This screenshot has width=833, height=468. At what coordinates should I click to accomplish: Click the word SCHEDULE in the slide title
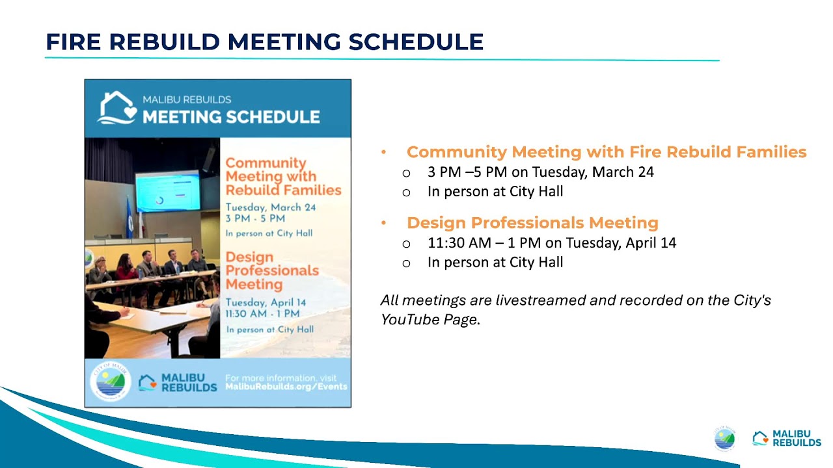(416, 42)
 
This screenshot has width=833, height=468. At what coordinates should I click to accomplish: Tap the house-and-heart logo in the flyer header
(117, 108)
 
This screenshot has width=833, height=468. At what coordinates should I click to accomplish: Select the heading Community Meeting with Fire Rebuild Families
(606, 152)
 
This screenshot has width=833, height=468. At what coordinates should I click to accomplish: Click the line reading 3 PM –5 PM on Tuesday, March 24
(540, 172)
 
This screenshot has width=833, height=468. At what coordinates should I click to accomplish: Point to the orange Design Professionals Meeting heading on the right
(532, 223)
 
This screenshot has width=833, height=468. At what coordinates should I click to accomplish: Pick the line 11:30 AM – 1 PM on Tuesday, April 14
(551, 243)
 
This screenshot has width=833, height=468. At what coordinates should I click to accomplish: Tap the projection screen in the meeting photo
(167, 192)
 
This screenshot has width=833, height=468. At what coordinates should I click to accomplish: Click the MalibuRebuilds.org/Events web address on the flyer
(286, 387)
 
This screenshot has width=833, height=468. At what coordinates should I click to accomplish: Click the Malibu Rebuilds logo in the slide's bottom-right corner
(786, 439)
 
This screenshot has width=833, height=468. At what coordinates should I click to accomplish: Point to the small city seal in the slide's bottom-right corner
(724, 439)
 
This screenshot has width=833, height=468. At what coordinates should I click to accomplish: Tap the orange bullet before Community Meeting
(384, 152)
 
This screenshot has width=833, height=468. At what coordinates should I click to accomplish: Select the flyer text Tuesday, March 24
(270, 207)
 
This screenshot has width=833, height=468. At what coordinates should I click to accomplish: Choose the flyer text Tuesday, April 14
(266, 302)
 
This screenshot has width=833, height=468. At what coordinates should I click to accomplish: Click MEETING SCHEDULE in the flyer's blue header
(231, 117)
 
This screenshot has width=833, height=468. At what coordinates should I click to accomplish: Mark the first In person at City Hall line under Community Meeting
(495, 192)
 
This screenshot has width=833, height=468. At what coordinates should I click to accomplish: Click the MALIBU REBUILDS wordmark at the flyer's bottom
(188, 382)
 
